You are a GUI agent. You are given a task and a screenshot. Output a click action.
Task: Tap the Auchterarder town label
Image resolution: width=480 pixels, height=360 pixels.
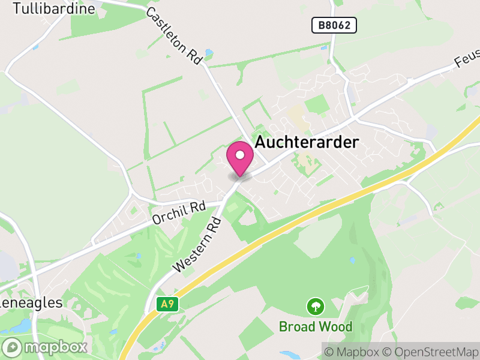click(x=307, y=142)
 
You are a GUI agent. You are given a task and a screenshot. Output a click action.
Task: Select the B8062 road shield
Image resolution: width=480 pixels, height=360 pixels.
click(x=334, y=25)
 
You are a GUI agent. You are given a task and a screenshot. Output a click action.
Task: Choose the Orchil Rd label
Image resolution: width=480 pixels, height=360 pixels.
click(x=179, y=213)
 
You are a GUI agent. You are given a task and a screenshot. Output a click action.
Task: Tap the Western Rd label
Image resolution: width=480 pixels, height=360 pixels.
click(x=197, y=245)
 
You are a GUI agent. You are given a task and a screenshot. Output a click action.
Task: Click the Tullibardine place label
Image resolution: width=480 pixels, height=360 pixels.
click(x=53, y=8)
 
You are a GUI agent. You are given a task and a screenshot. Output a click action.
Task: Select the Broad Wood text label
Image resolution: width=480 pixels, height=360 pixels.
click(x=315, y=327)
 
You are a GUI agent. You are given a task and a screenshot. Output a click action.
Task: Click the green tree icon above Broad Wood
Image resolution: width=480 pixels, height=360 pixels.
click(x=314, y=307)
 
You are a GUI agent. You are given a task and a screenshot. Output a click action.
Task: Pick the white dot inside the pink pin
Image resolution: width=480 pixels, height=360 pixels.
click(x=240, y=155)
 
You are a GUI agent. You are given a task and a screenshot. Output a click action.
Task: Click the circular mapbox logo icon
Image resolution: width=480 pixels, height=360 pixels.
click(x=13, y=347)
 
